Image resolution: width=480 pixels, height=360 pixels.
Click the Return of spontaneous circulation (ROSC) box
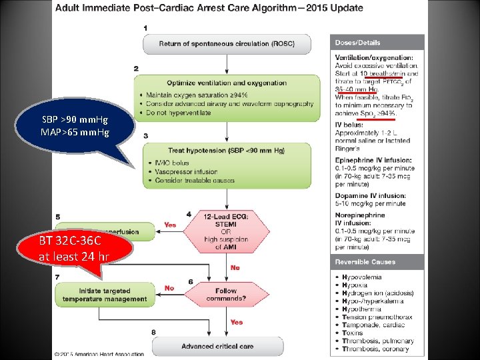click(x=227, y=44)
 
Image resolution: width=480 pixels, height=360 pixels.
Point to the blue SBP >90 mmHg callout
click(x=74, y=125)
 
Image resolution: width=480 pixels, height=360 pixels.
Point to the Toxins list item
click(x=353, y=333)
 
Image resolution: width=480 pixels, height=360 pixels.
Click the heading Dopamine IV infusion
click(x=371, y=196)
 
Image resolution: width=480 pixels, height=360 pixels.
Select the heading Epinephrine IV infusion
click(x=373, y=160)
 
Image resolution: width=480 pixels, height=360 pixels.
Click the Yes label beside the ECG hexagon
click(x=169, y=225)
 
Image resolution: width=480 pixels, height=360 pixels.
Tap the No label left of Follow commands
click(x=169, y=288)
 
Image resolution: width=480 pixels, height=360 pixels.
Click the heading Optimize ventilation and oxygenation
click(x=227, y=83)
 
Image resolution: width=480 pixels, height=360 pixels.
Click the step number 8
click(x=154, y=332)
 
